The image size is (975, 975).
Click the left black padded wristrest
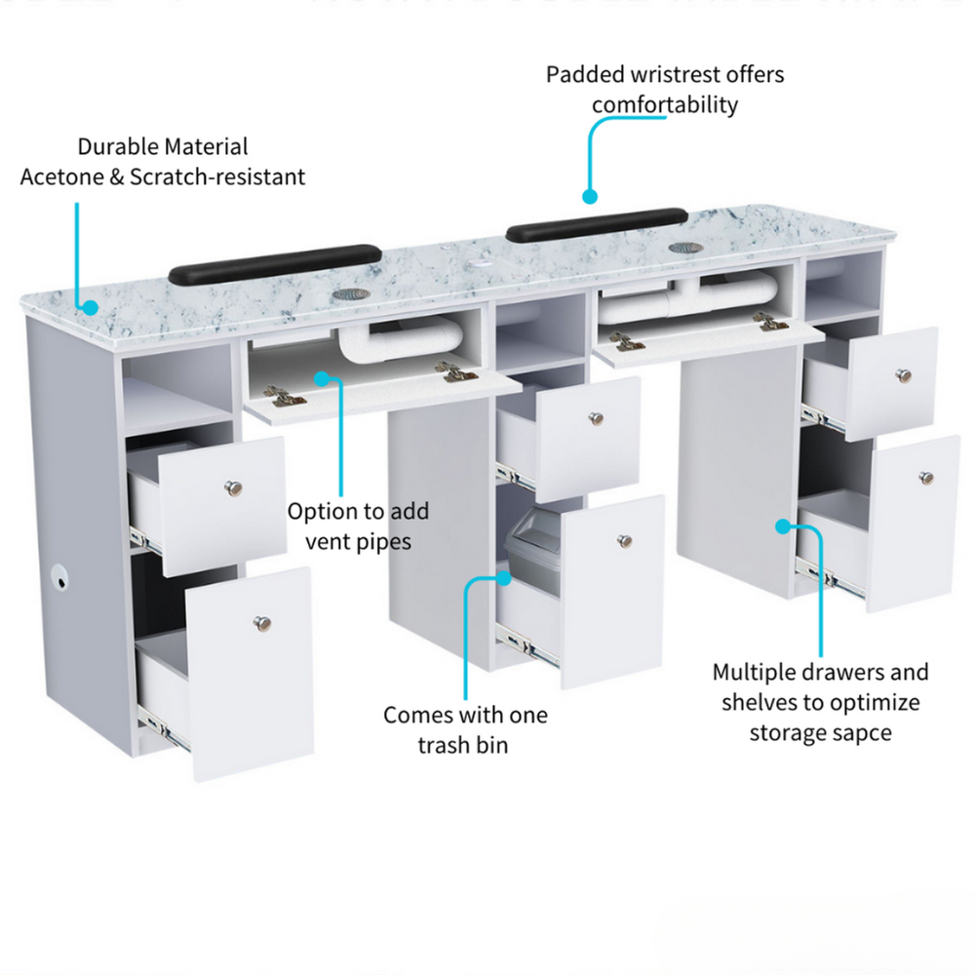(276, 260)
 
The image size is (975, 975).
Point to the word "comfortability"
(665, 104)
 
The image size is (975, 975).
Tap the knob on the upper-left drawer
(233, 487)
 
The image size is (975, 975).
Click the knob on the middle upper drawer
(594, 418)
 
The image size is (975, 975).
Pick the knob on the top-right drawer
(904, 376)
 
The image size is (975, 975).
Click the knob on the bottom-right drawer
(925, 478)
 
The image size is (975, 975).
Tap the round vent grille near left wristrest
(346, 292)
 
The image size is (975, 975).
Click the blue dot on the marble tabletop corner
(90, 307)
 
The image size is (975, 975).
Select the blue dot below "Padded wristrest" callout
(590, 197)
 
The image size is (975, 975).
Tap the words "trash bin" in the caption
(464, 745)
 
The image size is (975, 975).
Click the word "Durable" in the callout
(118, 146)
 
